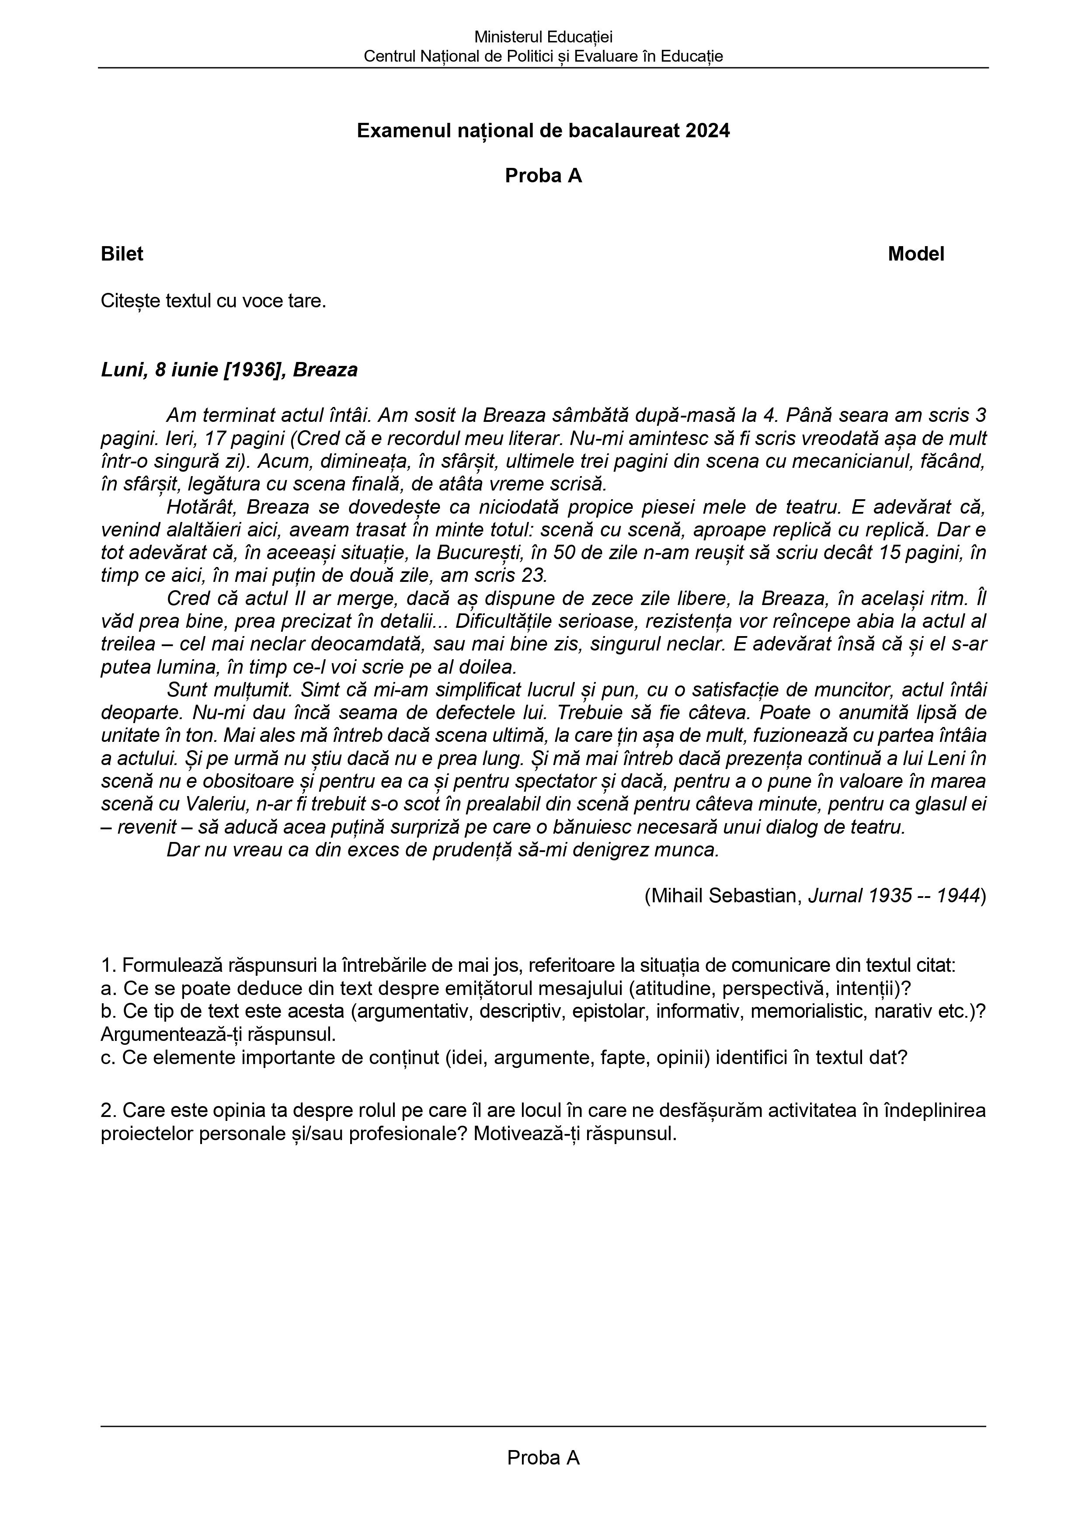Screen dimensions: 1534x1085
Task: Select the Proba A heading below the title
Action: [x=543, y=176]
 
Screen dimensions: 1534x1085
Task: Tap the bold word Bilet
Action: [x=122, y=254]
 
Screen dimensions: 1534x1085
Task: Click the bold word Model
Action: [x=916, y=254]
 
